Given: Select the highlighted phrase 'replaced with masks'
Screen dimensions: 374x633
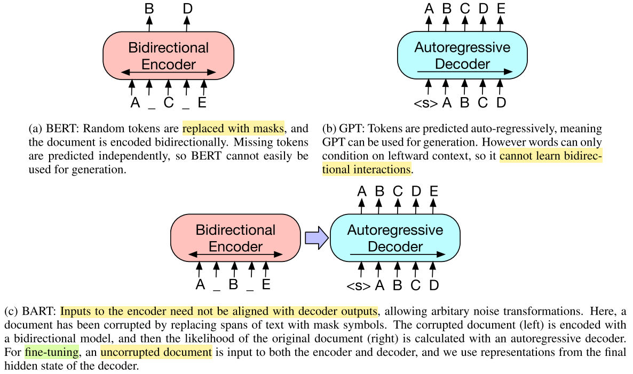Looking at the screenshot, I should point(234,129).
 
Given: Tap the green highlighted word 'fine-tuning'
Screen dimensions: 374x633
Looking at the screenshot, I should point(52,352).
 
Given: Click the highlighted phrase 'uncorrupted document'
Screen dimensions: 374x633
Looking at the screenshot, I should point(156,352).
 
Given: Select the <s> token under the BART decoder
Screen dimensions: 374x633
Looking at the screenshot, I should point(359,285).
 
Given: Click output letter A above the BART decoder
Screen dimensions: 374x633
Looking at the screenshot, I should point(361,191).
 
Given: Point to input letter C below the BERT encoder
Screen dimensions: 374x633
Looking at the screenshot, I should point(169,102).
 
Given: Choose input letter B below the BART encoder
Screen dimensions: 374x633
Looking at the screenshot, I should point(233,284).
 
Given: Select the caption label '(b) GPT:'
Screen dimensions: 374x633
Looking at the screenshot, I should point(344,129).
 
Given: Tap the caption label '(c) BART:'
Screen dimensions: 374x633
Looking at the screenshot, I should point(30,311).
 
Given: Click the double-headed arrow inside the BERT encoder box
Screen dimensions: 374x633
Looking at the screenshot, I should point(169,72).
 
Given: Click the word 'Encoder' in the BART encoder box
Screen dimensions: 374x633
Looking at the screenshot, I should point(235,247).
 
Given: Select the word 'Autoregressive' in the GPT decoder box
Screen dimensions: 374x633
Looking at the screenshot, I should point(462,47).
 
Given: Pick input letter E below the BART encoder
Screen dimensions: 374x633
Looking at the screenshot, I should point(266,284).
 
